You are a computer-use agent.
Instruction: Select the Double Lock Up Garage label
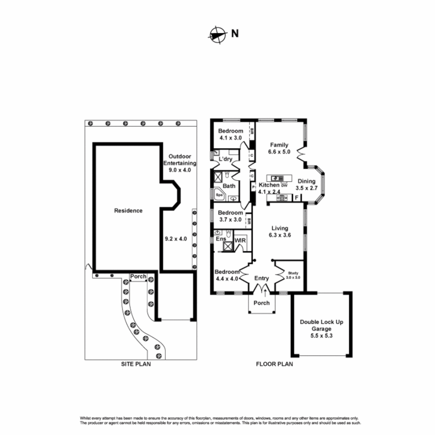[321, 325]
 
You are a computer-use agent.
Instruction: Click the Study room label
[293, 275]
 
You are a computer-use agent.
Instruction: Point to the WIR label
[240, 240]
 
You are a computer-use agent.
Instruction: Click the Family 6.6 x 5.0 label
[279, 148]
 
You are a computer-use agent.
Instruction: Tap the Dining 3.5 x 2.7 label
[306, 184]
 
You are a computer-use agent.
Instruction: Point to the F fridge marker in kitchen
[297, 197]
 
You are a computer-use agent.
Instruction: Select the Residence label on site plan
[128, 211]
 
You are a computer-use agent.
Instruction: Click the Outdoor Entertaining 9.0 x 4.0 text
[182, 163]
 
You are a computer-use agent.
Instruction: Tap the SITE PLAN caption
[137, 364]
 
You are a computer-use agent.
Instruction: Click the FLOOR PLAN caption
[274, 364]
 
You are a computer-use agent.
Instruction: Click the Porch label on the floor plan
[262, 303]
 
